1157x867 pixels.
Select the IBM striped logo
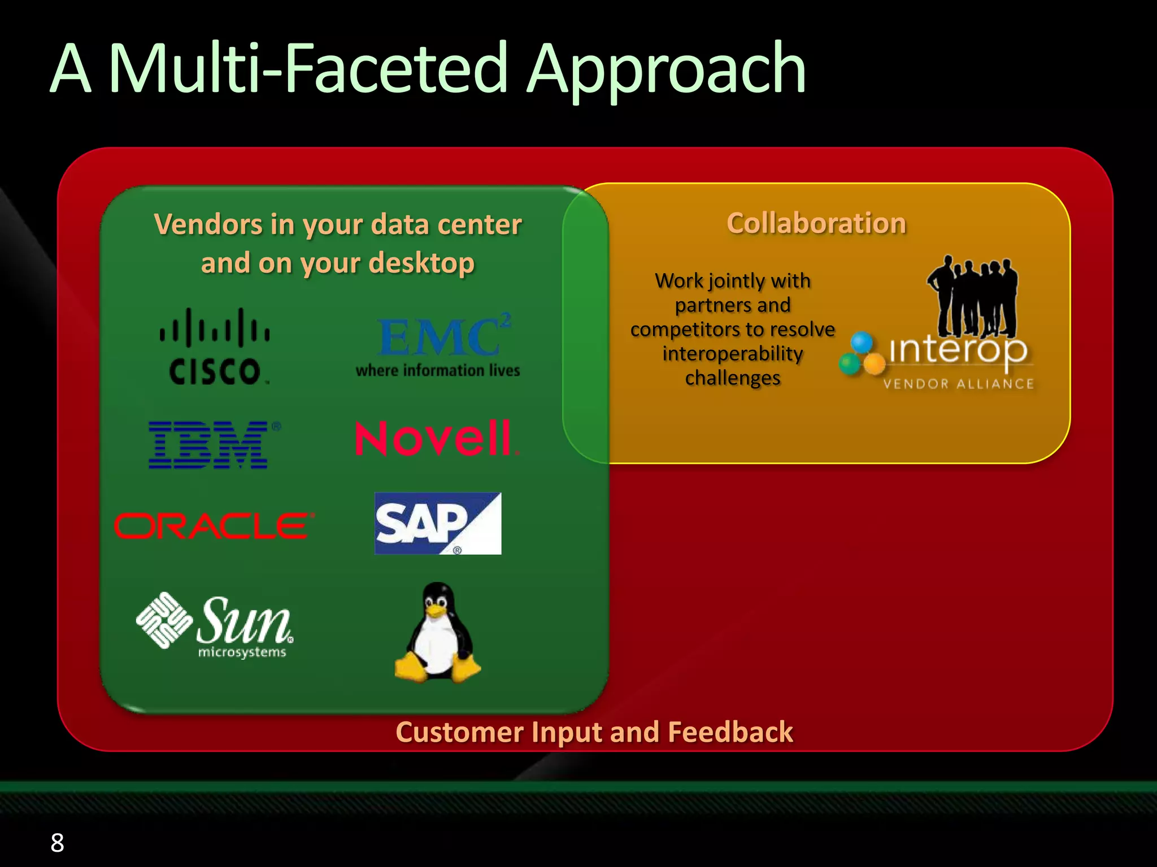pos(209,445)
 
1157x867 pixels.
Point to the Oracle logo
pos(214,526)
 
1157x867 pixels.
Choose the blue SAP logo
pos(437,523)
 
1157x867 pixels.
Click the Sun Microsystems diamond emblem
pos(164,620)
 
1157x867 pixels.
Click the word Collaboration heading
pos(816,223)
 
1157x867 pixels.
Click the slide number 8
pos(57,843)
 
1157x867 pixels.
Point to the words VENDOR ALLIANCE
pos(958,384)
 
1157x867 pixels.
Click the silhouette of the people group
pos(973,296)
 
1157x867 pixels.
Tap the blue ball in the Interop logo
pos(862,342)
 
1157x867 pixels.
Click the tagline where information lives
pos(437,371)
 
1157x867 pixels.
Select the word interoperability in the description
pos(733,354)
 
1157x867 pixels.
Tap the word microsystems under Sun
pos(242,653)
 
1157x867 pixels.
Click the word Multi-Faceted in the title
pos(308,69)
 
